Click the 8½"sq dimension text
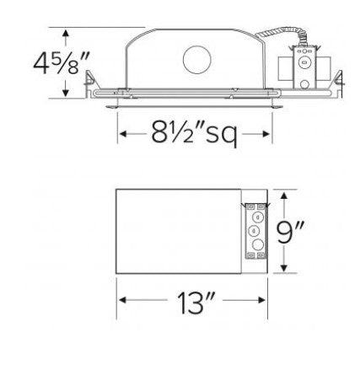pyautogui.click(x=193, y=134)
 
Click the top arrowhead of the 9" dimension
pyautogui.click(x=284, y=195)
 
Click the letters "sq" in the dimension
pyautogui.click(x=235, y=136)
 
